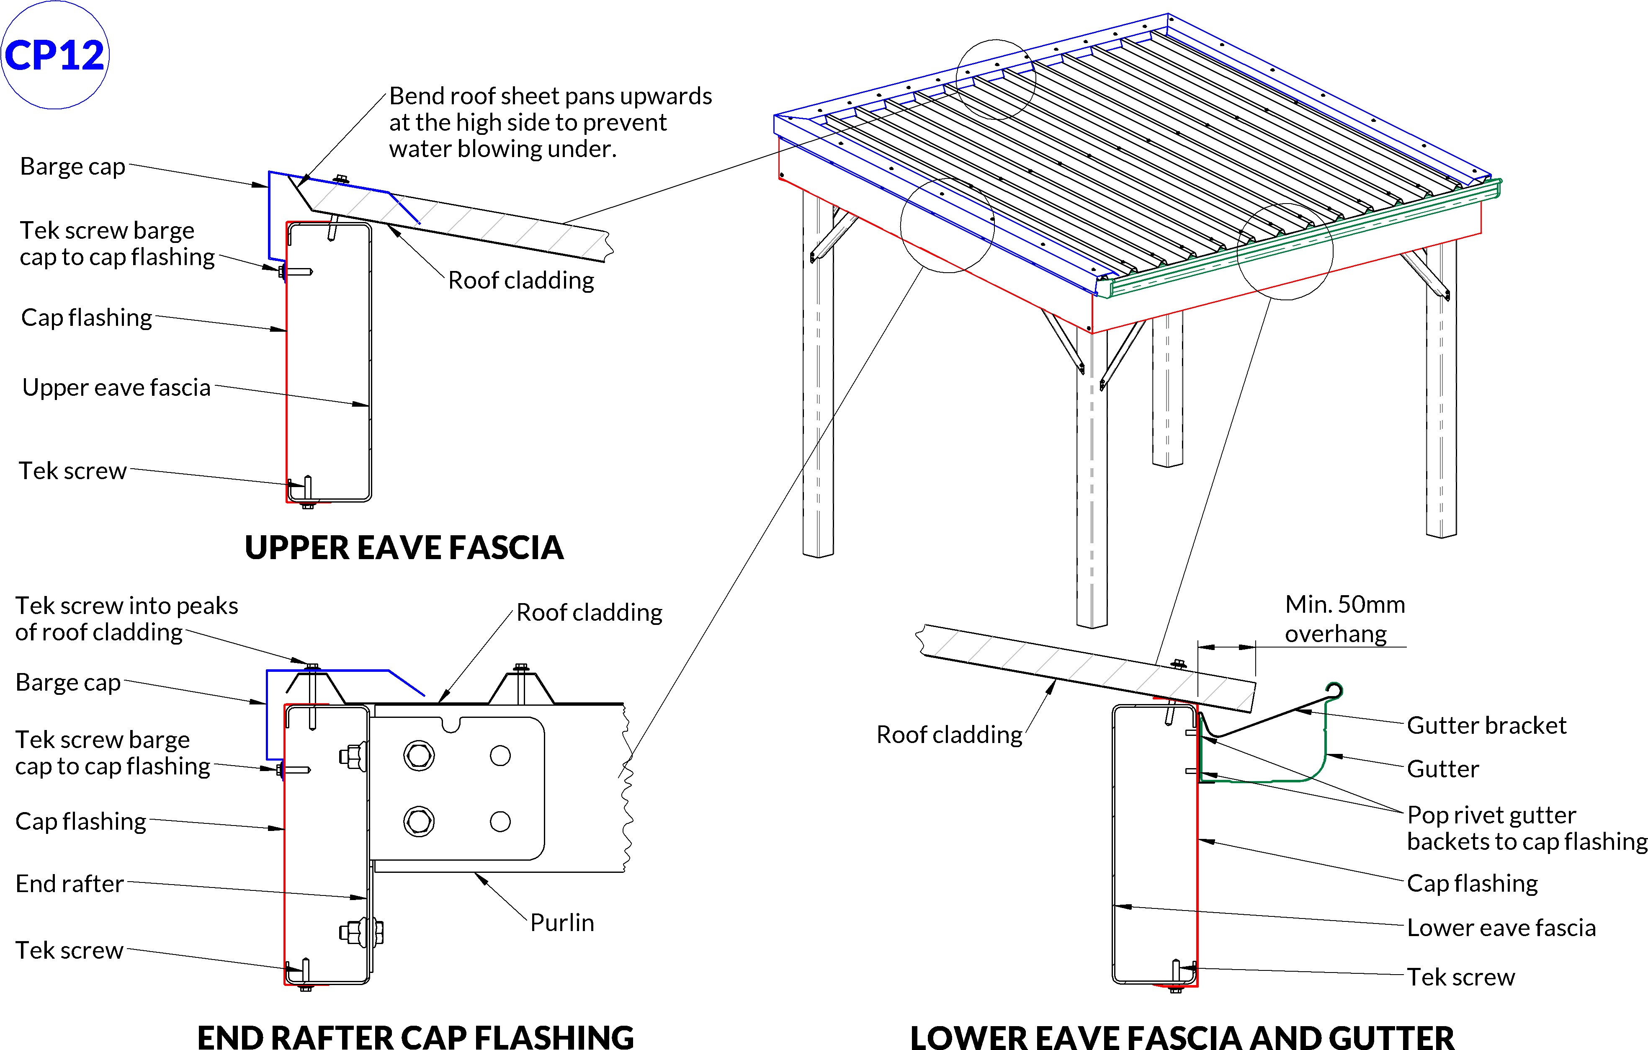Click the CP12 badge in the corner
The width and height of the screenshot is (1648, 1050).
click(x=55, y=55)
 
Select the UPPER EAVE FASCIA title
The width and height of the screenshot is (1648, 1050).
click(x=404, y=547)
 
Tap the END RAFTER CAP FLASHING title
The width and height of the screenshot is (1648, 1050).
click(x=415, y=1036)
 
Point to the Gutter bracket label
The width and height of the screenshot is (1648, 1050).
click(x=1486, y=725)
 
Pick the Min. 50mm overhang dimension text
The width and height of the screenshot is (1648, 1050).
click(x=1344, y=619)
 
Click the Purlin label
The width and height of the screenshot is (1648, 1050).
click(x=562, y=923)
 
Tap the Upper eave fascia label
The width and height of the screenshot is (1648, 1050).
click(x=116, y=387)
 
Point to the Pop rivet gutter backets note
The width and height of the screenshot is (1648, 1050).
click(x=1526, y=828)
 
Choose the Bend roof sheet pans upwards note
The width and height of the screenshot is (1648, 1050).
click(x=550, y=123)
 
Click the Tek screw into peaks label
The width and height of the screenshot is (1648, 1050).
click(x=126, y=619)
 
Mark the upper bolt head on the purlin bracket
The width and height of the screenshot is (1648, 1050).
click(x=419, y=756)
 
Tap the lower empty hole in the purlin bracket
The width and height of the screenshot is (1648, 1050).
click(x=500, y=821)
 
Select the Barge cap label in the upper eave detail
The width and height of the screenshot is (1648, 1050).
click(x=72, y=166)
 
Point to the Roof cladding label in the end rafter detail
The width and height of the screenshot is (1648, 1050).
click(x=589, y=613)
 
